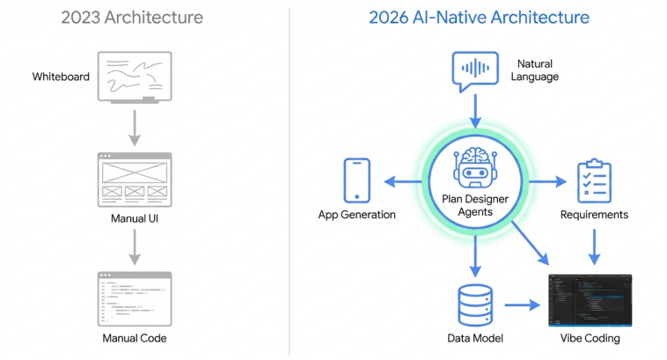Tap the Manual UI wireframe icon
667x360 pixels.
pos(136,179)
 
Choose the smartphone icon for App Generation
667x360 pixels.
pos(356,180)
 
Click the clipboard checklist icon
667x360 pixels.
pos(594,180)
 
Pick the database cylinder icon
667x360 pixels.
pos(476,304)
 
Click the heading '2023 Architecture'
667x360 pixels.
pos(132,17)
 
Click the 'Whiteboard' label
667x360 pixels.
pos(61,77)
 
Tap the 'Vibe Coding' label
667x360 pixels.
pos(590,338)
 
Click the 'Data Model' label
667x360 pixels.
pos(475,338)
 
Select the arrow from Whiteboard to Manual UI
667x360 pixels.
pos(135,127)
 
